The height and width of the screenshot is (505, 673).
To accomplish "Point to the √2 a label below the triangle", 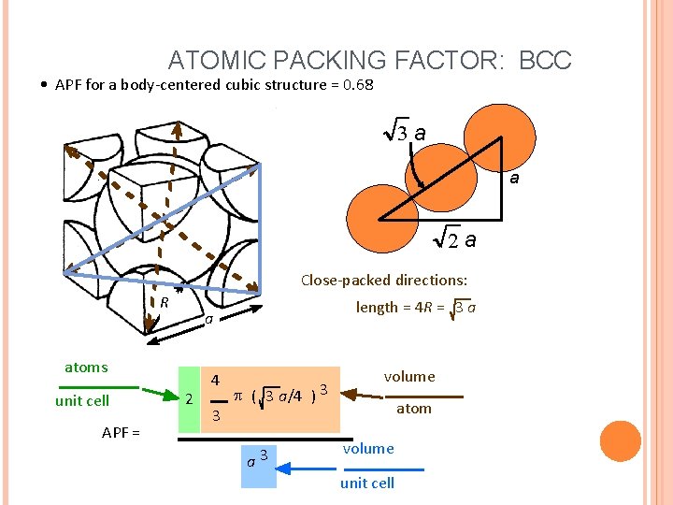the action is point(457,240).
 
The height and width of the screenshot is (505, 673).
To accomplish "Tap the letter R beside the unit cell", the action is point(164,302).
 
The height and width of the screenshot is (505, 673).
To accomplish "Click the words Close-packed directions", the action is point(384,280).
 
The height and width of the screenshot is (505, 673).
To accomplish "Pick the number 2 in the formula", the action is point(190,399).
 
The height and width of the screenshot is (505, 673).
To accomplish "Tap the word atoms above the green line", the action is point(86,368).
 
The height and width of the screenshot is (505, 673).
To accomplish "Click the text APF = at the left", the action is point(121,432).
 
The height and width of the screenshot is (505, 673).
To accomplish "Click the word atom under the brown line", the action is point(414,408).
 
